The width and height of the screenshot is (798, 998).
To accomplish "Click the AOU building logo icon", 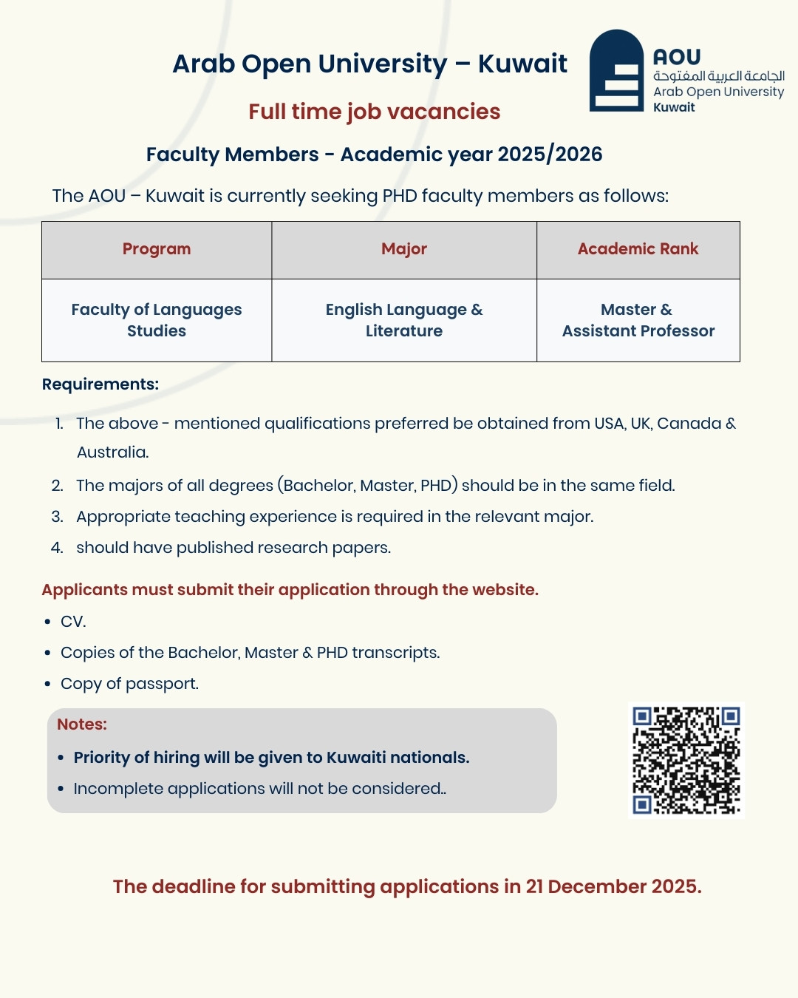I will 617,72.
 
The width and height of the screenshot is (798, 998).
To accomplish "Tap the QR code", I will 686,760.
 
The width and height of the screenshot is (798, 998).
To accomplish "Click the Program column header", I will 157,249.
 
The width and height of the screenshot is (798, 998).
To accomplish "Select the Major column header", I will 404,249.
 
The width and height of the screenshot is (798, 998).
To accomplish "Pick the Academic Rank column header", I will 638,249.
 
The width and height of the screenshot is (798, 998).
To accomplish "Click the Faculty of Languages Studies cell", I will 157,320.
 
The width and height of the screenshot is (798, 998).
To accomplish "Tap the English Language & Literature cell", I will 404,320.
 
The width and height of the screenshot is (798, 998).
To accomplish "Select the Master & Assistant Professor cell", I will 638,320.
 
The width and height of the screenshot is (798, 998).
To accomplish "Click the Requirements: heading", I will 100,384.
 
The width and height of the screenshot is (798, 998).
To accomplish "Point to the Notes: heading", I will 82,724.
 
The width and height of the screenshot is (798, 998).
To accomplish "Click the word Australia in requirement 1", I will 112,452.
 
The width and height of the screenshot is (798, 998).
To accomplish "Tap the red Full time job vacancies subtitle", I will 374,112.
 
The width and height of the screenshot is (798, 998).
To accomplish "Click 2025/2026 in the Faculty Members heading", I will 550,155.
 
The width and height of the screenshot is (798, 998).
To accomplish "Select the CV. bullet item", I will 73,622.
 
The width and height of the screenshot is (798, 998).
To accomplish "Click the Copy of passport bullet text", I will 129,684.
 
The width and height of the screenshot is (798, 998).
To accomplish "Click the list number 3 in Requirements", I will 57,517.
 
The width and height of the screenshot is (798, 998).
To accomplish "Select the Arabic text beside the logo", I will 718,76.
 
